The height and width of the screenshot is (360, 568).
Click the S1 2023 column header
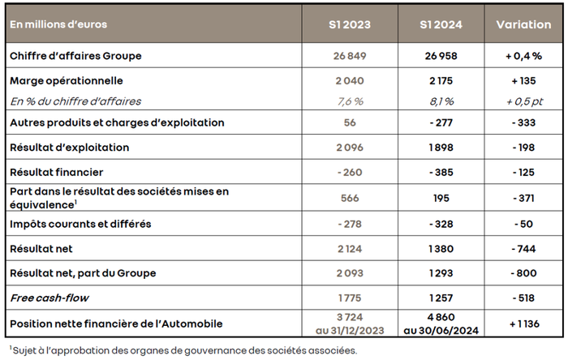(x=350, y=24)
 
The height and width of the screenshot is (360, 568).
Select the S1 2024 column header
(x=441, y=24)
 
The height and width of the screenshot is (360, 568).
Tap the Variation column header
(x=523, y=24)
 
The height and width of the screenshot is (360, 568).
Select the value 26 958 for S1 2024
(x=441, y=56)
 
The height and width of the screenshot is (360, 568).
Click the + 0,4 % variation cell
(x=523, y=56)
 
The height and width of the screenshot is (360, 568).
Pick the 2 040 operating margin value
(x=350, y=81)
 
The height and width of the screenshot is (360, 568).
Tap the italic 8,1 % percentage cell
(x=441, y=101)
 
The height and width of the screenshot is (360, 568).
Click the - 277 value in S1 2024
(x=441, y=122)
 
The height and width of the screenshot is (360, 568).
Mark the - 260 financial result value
(x=350, y=173)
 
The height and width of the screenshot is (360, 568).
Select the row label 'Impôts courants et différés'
(x=80, y=223)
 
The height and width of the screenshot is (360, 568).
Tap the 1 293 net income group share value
(x=441, y=273)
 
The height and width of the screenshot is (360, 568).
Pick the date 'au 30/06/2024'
(x=441, y=330)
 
